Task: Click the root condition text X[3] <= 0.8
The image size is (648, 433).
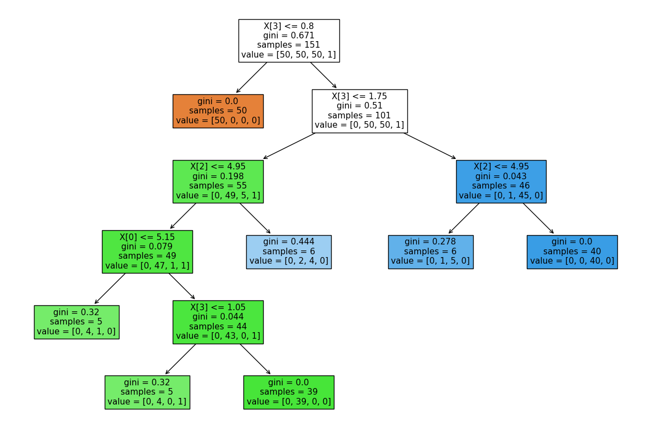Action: [288, 25]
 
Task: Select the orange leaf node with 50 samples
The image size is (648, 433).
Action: [218, 111]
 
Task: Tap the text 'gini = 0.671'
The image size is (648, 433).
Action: [288, 35]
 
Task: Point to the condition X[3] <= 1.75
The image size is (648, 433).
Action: [359, 96]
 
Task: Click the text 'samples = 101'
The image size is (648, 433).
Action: [359, 115]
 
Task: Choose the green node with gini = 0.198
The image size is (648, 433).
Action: [218, 181]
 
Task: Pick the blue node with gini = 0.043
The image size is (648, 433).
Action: [501, 181]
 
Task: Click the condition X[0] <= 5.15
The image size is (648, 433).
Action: [147, 237]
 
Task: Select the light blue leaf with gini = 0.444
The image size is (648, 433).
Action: [288, 252]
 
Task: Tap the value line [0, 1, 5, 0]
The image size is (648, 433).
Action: [430, 261]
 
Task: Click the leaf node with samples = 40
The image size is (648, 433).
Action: [572, 252]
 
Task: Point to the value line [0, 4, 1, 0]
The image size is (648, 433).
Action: [76, 331]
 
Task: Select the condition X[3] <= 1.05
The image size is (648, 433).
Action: [218, 307]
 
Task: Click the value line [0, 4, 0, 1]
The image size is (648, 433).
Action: [147, 401]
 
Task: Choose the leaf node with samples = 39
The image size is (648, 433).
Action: [288, 392]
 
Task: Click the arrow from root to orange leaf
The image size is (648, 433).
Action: [252, 77]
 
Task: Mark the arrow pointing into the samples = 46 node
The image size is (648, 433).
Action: [429, 146]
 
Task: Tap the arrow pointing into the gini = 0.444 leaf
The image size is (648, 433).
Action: [255, 218]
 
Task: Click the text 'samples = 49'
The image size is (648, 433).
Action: [147, 256]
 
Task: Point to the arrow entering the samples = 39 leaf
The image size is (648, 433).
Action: [255, 359]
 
